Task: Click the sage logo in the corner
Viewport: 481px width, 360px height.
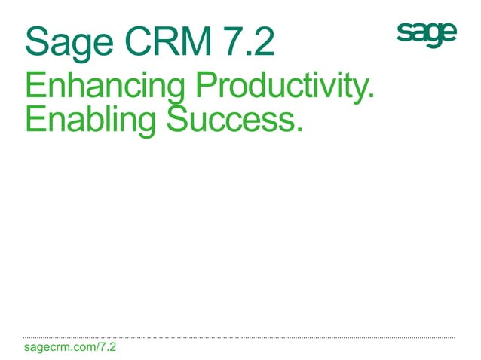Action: click(426, 34)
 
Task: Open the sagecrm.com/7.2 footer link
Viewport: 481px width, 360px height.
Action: click(70, 348)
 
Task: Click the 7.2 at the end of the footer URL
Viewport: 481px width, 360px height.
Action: click(107, 348)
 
